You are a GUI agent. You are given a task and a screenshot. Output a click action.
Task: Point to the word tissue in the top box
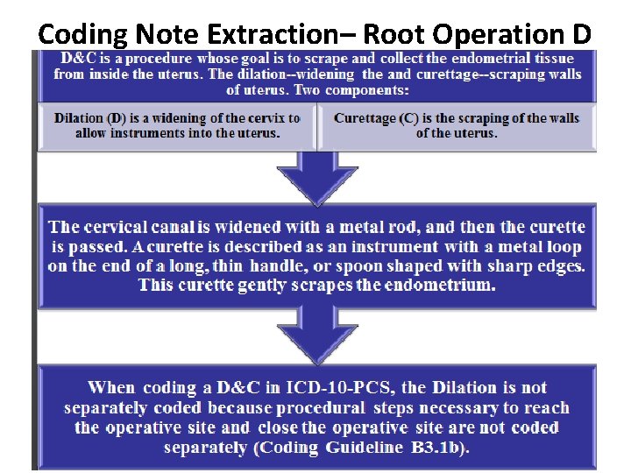(557, 58)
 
